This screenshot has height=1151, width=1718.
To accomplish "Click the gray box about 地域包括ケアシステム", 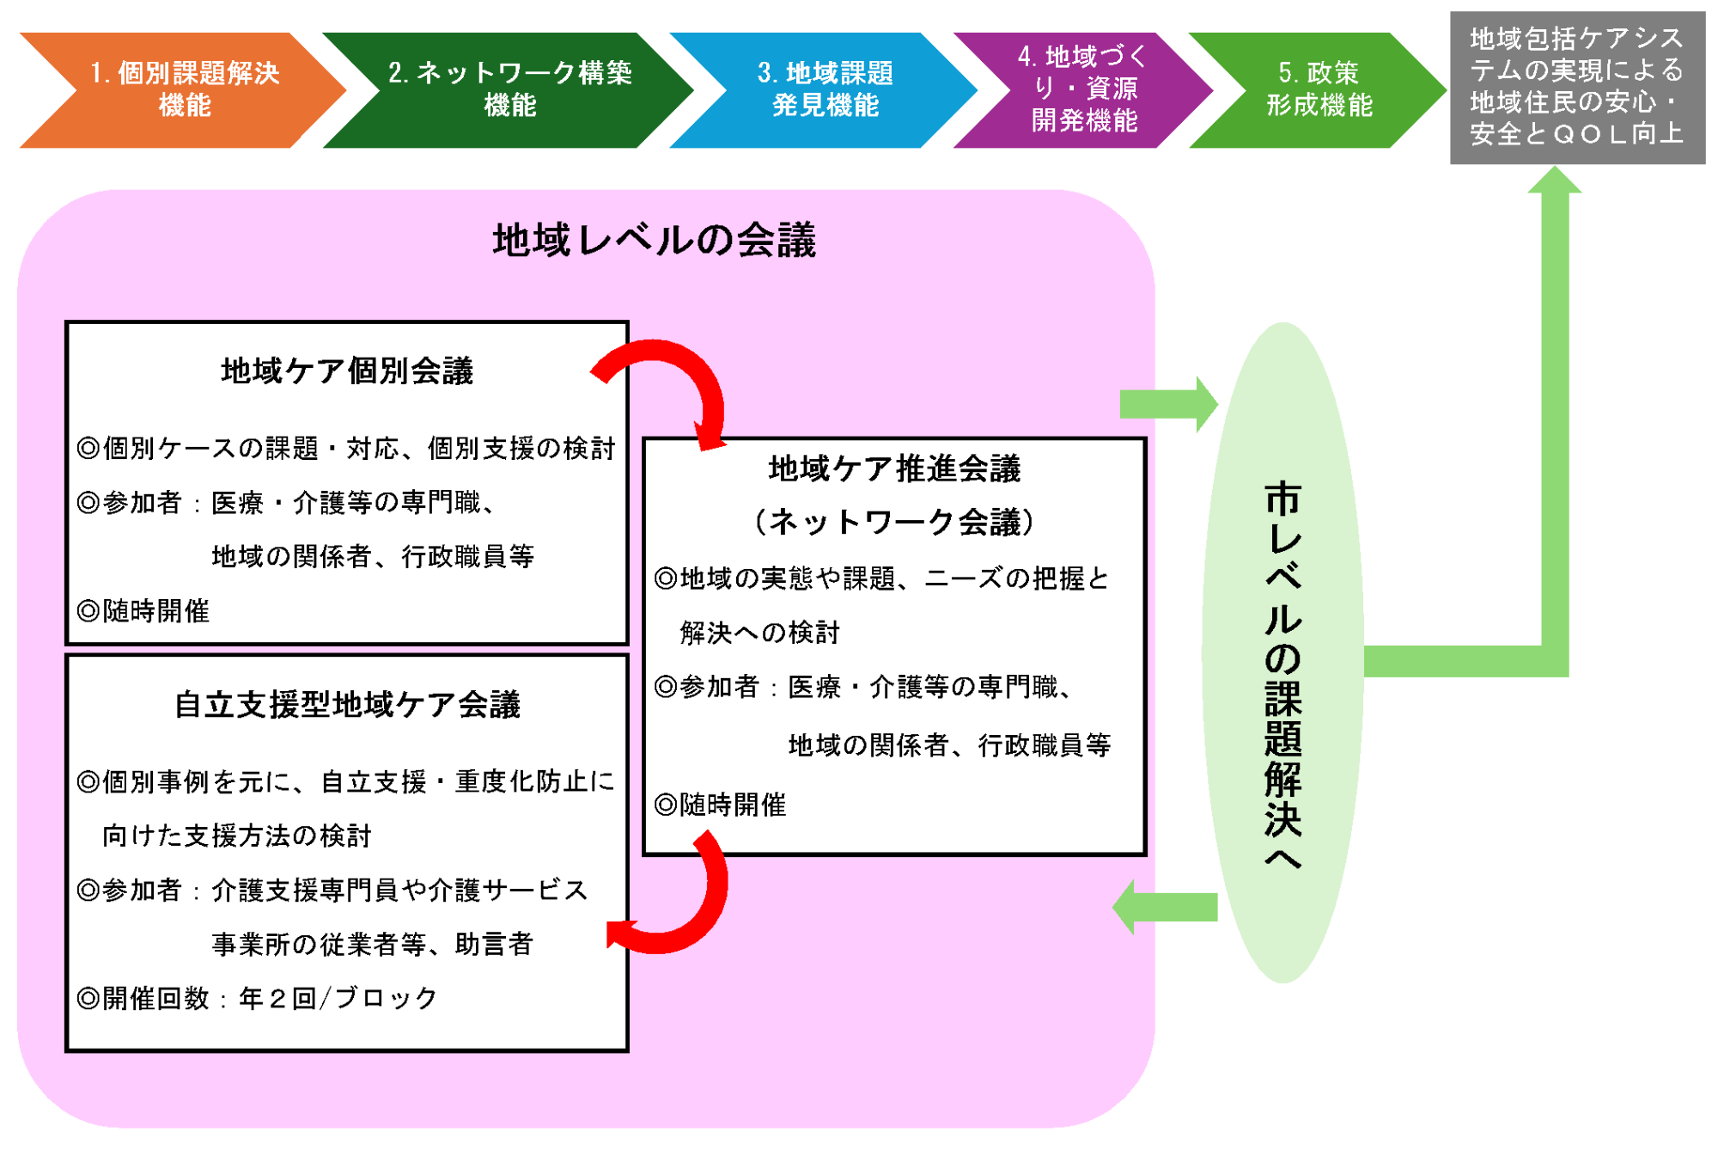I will [1577, 87].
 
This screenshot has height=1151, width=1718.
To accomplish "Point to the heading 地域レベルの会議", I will [654, 240].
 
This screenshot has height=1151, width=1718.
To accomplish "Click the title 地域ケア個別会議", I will [347, 371].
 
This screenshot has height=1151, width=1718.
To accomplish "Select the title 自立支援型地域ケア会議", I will [347, 705].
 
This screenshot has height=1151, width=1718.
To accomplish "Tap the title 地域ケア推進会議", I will [894, 469].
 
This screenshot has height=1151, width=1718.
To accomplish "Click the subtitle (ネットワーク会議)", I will [894, 522].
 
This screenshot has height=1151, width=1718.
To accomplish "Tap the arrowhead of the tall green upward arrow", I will [1554, 182].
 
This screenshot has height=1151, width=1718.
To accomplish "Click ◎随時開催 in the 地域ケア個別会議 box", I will [143, 611].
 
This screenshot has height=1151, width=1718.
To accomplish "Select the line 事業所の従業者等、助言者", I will [372, 944].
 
